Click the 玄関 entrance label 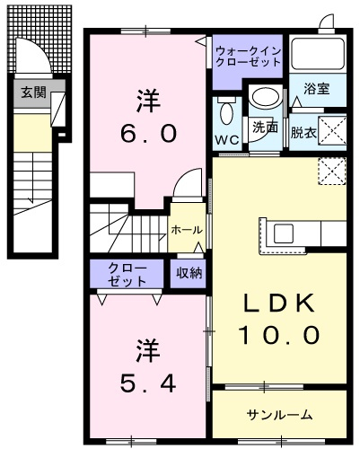click(x=33, y=92)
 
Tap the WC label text click(x=227, y=139)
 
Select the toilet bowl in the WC click(x=226, y=113)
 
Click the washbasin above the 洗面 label click(x=266, y=97)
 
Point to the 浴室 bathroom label click(x=317, y=88)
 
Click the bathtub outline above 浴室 click(x=318, y=53)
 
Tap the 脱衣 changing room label click(x=303, y=133)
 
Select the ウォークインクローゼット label click(x=248, y=56)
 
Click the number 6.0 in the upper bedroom click(x=148, y=133)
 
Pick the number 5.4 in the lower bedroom click(x=148, y=383)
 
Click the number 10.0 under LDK click(x=279, y=335)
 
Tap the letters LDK click(x=279, y=303)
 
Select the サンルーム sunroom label click(x=280, y=415)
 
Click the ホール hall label click(x=187, y=230)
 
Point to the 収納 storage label click(x=189, y=273)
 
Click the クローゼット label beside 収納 click(x=127, y=274)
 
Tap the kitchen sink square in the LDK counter click(x=284, y=233)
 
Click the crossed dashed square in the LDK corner click(x=332, y=171)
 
